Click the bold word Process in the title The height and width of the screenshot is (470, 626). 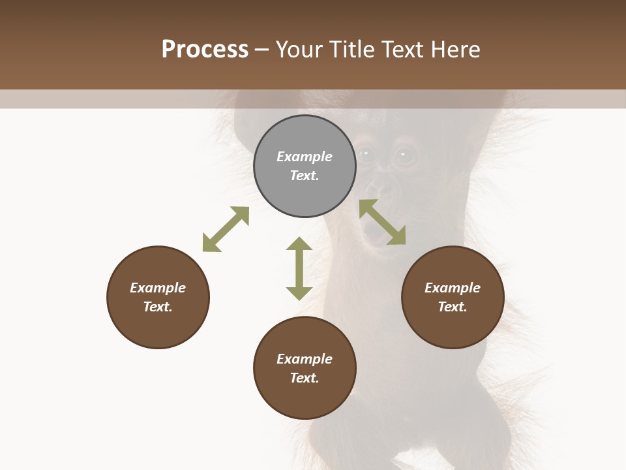[205, 50]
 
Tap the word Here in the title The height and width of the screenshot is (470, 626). [455, 50]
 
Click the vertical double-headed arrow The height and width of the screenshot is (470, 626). [299, 268]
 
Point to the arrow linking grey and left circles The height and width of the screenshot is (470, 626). [226, 229]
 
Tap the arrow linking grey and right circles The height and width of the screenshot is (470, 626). [382, 222]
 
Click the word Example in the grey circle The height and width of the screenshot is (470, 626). [305, 157]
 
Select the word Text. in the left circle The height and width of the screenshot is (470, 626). [158, 307]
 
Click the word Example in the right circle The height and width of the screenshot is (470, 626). [453, 288]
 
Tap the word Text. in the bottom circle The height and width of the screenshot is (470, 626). [305, 378]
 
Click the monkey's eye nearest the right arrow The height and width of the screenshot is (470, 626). [405, 155]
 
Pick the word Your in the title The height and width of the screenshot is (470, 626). [297, 50]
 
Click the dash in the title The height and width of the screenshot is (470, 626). [261, 50]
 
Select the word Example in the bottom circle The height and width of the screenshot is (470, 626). [305, 359]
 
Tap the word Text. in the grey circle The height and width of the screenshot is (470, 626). [305, 176]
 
